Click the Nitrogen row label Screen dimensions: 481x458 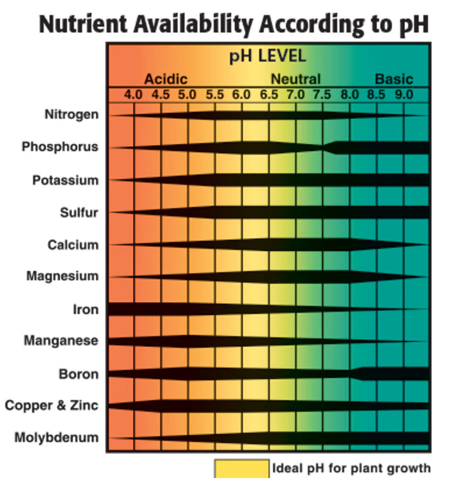tap(72, 115)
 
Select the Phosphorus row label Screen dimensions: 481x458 tap(60, 147)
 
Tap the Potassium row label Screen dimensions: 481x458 tap(65, 180)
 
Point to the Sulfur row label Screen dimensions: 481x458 tap(79, 213)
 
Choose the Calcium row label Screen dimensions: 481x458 tap(73, 244)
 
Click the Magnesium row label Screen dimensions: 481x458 tap(62, 276)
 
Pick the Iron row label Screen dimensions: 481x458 tap(85, 310)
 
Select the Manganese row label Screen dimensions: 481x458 tap(61, 341)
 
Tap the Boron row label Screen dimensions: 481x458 tap(78, 375)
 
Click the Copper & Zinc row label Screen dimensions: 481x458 tap(51, 406)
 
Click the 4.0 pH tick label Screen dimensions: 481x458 tap(133, 95)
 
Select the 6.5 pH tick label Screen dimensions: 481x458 tap(269, 95)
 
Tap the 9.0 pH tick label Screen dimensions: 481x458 tap(404, 95)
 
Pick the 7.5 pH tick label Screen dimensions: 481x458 tap(322, 95)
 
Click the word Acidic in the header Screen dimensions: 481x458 tap(165, 79)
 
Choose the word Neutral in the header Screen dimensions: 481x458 tap(296, 79)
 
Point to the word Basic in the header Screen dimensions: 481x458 tap(394, 79)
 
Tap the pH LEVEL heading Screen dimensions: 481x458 tap(268, 56)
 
